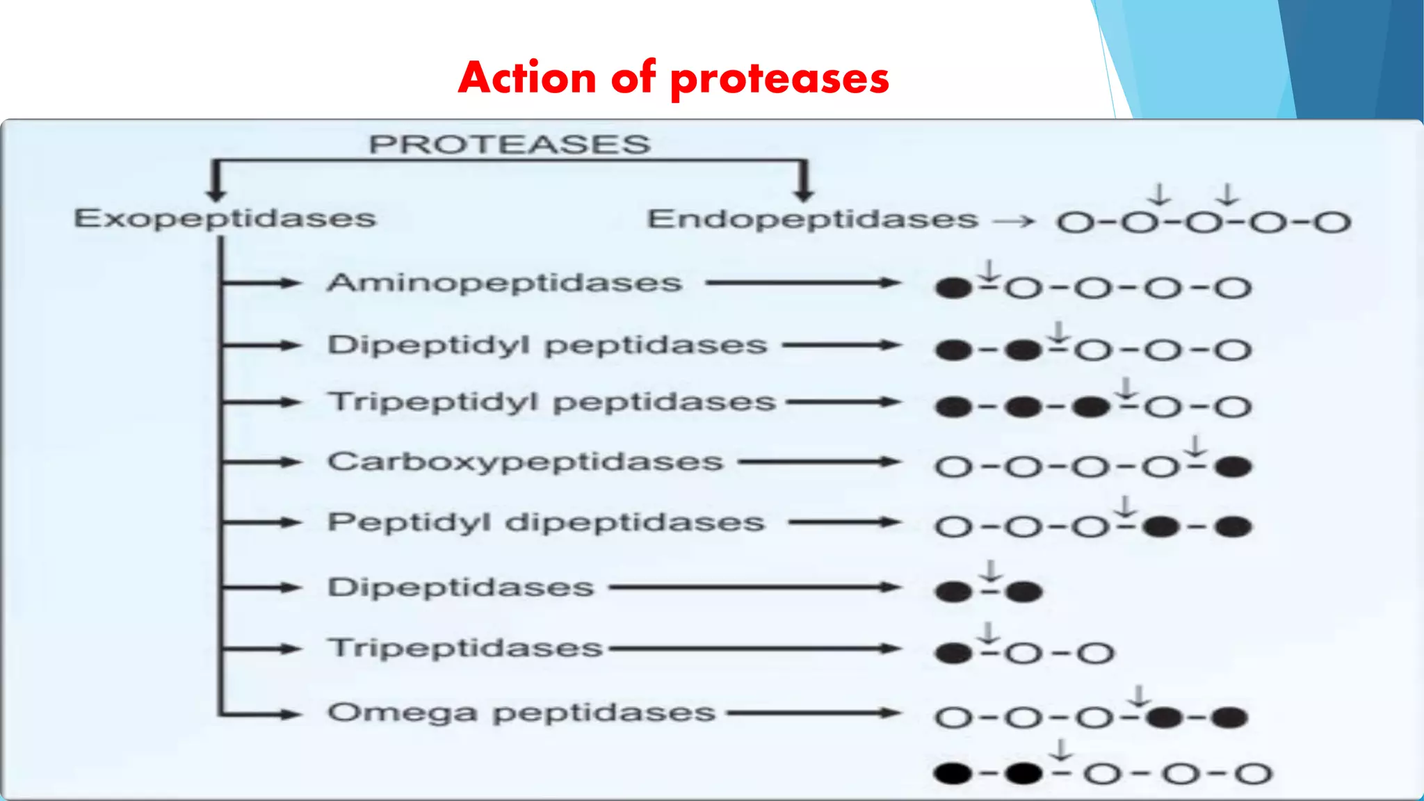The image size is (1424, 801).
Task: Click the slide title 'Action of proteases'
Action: tap(673, 78)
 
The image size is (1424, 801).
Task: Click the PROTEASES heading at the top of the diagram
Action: tap(509, 145)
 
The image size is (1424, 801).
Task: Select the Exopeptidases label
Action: tap(225, 218)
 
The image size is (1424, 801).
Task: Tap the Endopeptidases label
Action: tap(812, 219)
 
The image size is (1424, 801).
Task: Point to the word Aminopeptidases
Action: tap(504, 283)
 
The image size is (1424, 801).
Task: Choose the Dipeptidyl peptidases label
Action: tap(547, 345)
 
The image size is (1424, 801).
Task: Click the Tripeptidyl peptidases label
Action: tap(551, 402)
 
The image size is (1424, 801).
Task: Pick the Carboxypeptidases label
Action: tap(525, 462)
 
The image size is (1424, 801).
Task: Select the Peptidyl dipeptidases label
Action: tap(546, 522)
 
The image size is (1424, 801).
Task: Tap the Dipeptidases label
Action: tap(460, 588)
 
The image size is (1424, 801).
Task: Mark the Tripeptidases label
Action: tap(465, 648)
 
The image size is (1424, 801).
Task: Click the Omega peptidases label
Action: tap(521, 713)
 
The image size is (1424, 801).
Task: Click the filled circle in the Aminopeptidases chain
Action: tap(953, 288)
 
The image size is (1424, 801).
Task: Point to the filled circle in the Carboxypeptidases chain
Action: tap(1233, 467)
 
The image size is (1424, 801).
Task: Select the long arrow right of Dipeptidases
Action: tap(754, 588)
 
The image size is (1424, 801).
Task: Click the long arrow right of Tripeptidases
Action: tap(754, 649)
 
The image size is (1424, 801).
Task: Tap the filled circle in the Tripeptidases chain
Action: tap(953, 653)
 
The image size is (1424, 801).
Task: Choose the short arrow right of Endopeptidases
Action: tap(1014, 222)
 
